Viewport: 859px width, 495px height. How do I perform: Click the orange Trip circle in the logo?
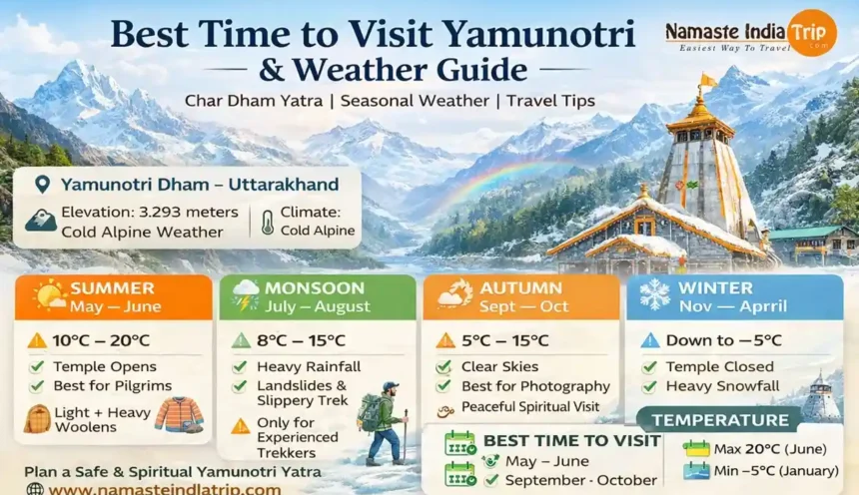click(x=812, y=33)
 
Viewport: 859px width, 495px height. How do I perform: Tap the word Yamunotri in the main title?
click(x=538, y=34)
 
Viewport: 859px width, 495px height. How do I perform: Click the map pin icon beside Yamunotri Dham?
click(x=42, y=185)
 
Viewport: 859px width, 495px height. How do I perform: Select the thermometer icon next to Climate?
click(x=268, y=223)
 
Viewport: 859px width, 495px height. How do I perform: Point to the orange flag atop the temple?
click(x=707, y=81)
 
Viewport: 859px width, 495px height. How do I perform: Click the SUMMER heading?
click(x=112, y=288)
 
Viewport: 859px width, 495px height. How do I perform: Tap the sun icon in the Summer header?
click(x=49, y=295)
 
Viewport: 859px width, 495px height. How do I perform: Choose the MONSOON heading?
click(x=315, y=288)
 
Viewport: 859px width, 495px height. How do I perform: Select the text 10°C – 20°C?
click(x=101, y=340)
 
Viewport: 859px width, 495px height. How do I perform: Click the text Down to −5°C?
click(x=723, y=340)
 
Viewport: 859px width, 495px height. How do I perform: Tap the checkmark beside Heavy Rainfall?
click(x=240, y=366)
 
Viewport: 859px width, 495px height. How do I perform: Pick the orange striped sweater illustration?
click(x=179, y=414)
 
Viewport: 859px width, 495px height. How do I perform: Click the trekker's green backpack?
click(x=369, y=412)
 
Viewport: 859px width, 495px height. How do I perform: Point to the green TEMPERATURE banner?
click(x=719, y=420)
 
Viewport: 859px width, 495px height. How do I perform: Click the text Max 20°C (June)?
click(x=770, y=449)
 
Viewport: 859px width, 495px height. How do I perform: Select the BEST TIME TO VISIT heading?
click(x=571, y=441)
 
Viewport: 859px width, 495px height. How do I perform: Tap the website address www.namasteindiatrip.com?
click(x=165, y=489)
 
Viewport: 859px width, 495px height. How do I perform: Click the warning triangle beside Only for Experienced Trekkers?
click(x=240, y=426)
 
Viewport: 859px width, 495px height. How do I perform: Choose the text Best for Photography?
click(x=535, y=386)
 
